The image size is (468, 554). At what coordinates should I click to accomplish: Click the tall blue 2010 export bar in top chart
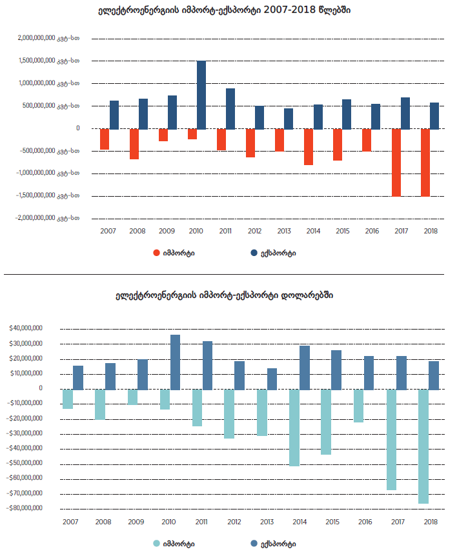(x=201, y=95)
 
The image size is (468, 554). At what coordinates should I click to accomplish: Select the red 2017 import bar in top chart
(x=396, y=163)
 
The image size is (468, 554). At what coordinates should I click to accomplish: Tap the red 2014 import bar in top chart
(x=309, y=147)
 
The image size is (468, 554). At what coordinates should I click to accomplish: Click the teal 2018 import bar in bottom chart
(x=423, y=446)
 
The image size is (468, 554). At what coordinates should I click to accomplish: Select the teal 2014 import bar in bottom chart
(x=294, y=428)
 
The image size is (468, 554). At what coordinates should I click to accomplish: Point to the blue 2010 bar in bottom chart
(x=175, y=362)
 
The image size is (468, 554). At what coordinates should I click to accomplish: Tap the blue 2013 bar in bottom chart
(x=272, y=379)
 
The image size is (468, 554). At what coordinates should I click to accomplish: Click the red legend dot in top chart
(x=156, y=253)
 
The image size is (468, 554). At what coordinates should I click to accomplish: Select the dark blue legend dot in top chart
(x=254, y=253)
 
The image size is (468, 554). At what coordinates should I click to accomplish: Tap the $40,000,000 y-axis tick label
(x=26, y=328)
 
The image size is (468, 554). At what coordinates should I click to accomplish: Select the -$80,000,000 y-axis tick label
(x=25, y=508)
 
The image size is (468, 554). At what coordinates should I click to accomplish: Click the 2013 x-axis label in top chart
(x=284, y=230)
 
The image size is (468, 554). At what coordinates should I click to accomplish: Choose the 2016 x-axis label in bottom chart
(x=364, y=522)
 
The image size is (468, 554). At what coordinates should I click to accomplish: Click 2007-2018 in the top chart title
(x=290, y=11)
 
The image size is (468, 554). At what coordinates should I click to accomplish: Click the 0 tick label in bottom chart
(x=40, y=388)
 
